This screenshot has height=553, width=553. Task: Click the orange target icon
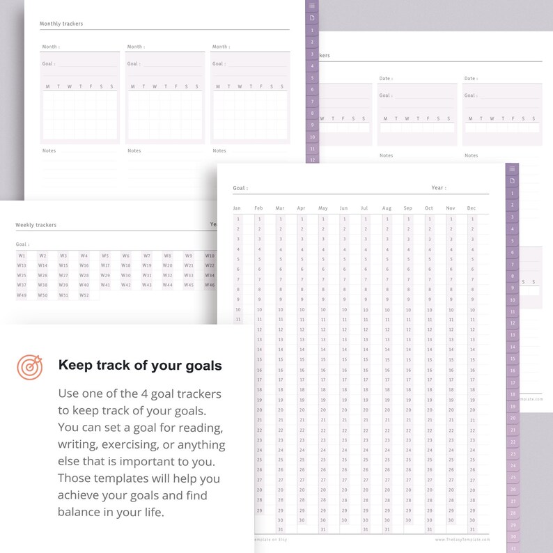tap(29, 366)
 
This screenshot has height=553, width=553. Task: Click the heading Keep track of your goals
tap(140, 366)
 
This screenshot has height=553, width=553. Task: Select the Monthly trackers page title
tap(61, 24)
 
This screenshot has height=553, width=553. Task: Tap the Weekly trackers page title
tap(36, 225)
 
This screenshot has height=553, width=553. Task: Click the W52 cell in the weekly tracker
tap(84, 295)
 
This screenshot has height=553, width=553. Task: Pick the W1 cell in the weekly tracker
tap(22, 256)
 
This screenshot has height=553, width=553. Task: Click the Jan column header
tap(237, 208)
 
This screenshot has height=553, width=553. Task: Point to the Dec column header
tap(472, 208)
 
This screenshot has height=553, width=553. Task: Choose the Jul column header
tap(364, 208)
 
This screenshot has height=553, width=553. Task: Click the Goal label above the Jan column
tap(240, 188)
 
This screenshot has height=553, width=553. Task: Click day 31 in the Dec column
tap(472, 529)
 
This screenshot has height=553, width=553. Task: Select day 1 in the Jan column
tap(237, 219)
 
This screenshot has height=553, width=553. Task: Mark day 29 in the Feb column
tap(259, 510)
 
